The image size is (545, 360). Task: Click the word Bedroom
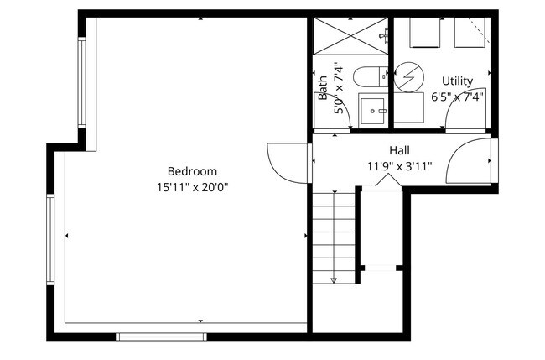[191, 170]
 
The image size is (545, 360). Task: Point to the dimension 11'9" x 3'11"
[399, 166]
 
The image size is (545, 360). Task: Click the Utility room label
[458, 81]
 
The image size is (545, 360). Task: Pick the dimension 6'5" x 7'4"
[458, 97]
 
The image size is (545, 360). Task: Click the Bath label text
[323, 87]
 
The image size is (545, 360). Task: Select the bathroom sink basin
[373, 109]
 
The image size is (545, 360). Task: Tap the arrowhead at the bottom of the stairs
[334, 279]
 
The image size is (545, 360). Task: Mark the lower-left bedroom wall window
[50, 239]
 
